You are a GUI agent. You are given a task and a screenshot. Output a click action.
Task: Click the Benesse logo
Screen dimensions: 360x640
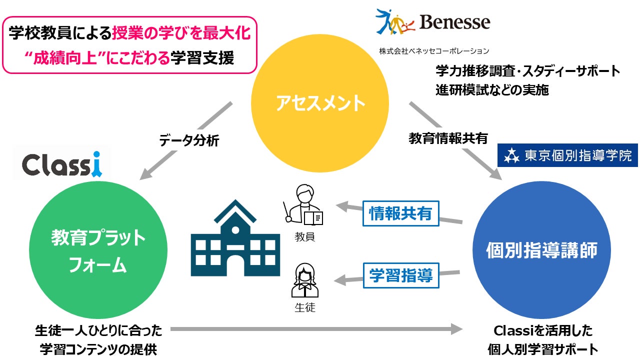pos(432,22)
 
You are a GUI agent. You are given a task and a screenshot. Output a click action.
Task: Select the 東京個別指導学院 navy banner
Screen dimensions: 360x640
pos(567,156)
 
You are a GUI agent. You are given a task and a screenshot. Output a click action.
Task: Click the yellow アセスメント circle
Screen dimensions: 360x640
pos(319,103)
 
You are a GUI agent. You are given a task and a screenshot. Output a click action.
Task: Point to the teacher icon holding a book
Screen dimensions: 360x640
pos(304,205)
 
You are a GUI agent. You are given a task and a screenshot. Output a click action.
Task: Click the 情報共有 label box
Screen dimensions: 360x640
pos(400,213)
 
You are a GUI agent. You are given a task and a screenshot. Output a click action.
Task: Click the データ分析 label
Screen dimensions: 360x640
pos(189,141)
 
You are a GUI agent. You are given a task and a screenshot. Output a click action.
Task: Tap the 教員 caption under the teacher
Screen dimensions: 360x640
pos(304,237)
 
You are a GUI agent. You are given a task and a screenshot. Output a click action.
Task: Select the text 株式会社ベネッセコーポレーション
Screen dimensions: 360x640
pos(434,51)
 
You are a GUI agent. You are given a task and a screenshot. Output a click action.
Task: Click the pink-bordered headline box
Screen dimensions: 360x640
pos(129,45)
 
